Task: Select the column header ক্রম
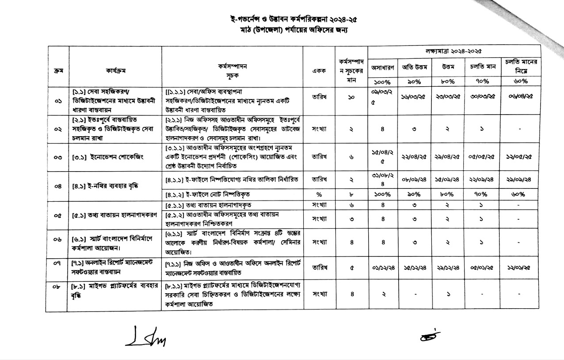pyautogui.click(x=57, y=70)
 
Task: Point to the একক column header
pyautogui.click(x=319, y=70)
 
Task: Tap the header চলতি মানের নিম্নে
pyautogui.click(x=522, y=67)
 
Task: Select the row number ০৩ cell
pyautogui.click(x=57, y=157)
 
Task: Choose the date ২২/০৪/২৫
pyautogui.click(x=413, y=157)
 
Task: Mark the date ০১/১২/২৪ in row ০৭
pyautogui.click(x=382, y=267)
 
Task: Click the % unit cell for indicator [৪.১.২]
pyautogui.click(x=319, y=194)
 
